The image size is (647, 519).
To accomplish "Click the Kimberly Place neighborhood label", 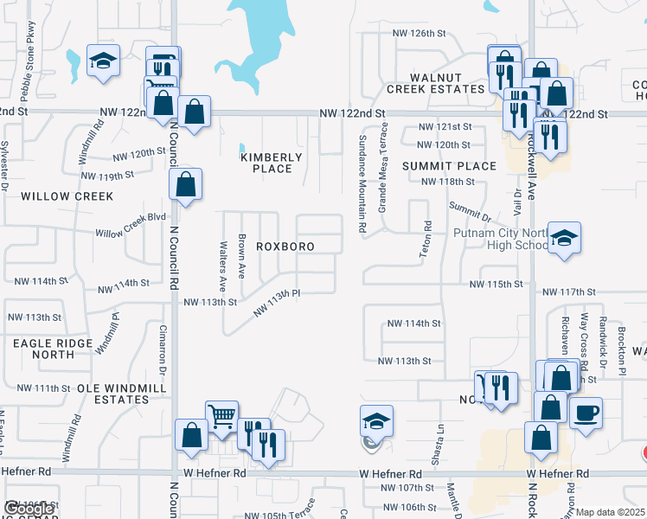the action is pyautogui.click(x=272, y=163).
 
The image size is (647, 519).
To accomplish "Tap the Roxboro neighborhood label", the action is pyautogui.click(x=285, y=247).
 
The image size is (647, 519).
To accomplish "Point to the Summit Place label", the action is pyautogui.click(x=449, y=166).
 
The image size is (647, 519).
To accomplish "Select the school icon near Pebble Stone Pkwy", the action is pyautogui.click(x=104, y=61).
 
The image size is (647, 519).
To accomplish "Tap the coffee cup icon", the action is pyautogui.click(x=586, y=413).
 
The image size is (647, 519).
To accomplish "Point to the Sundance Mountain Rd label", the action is pyautogui.click(x=362, y=183).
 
